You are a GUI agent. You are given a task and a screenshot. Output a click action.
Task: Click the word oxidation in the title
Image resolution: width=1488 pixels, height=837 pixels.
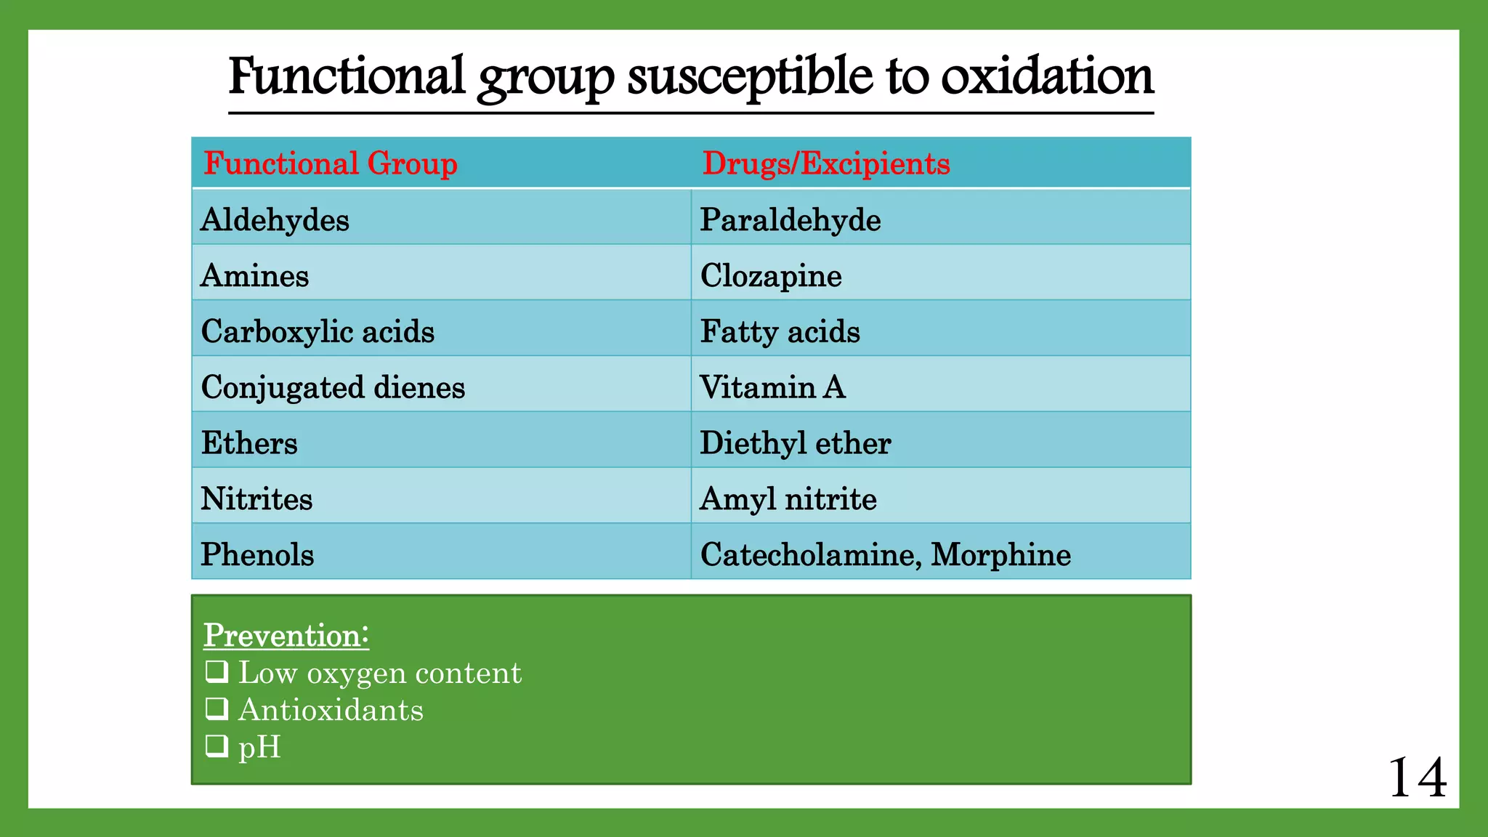(1047, 77)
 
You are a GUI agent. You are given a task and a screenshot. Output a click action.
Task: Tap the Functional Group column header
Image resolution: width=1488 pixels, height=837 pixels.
(331, 163)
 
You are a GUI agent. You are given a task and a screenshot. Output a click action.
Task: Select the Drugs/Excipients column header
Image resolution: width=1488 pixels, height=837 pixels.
(826, 163)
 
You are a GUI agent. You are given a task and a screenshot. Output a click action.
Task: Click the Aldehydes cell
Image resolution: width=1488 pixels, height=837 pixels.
(275, 220)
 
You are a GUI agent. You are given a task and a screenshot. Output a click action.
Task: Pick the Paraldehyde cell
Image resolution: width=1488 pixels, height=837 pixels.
(790, 220)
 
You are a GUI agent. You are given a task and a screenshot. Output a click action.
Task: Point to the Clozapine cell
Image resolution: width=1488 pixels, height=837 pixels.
(771, 276)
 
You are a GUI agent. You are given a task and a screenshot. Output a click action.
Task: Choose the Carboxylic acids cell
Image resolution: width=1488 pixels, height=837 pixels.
(318, 332)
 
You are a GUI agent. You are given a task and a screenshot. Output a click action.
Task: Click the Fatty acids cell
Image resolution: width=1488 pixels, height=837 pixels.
(780, 332)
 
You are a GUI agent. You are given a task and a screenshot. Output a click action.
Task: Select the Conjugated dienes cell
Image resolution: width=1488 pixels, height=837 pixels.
(333, 387)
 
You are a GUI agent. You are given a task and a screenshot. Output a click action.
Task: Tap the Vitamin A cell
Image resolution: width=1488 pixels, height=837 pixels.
(772, 387)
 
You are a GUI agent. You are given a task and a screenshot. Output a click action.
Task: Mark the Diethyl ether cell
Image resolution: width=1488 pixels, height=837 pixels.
(796, 443)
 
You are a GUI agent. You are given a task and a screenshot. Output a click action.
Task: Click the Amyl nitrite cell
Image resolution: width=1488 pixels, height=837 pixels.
(788, 499)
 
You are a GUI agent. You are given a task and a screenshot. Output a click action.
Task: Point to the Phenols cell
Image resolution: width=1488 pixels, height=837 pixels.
(257, 555)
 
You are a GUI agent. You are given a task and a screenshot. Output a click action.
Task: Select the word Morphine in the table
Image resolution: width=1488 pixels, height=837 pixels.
(1001, 555)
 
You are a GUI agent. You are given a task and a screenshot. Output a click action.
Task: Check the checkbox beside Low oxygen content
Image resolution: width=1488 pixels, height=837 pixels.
(217, 671)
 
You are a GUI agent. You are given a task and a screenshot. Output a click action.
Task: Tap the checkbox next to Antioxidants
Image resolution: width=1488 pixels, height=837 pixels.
(217, 708)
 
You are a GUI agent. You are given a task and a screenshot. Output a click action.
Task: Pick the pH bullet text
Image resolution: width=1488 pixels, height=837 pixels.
(259, 747)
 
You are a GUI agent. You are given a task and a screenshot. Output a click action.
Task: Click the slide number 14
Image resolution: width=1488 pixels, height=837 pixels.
(1417, 777)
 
